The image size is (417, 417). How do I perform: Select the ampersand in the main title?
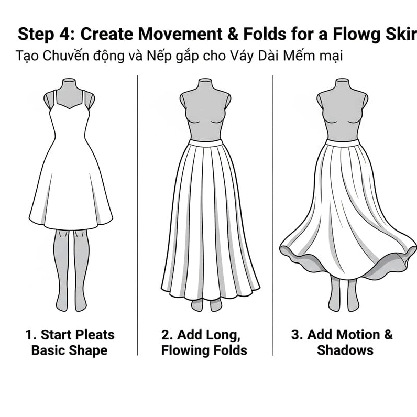(233, 34)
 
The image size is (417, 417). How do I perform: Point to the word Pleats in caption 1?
(95, 335)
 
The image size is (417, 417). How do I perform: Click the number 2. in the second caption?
(167, 335)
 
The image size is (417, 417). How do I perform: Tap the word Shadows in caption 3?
(345, 350)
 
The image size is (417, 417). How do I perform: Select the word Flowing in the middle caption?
(184, 350)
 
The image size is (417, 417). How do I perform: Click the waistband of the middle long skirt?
(205, 142)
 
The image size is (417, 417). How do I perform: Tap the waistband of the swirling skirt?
(343, 143)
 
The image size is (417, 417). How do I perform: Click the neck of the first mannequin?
(69, 84)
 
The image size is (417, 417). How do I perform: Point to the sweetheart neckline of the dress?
(69, 106)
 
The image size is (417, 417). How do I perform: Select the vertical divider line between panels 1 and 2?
(137, 215)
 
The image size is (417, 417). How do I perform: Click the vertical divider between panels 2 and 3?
(273, 215)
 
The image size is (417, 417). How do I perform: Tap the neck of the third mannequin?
(342, 84)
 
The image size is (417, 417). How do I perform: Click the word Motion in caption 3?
(344, 335)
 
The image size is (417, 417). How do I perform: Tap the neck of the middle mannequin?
(205, 84)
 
